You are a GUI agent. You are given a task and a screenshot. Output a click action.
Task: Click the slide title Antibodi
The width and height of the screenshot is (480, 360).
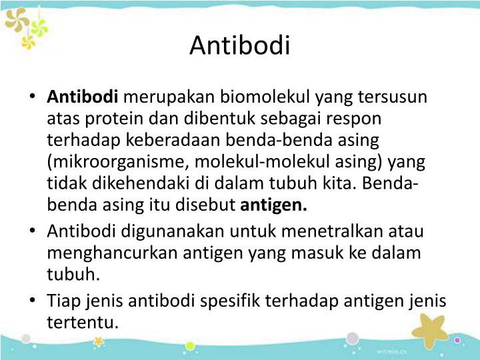pos(240,46)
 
